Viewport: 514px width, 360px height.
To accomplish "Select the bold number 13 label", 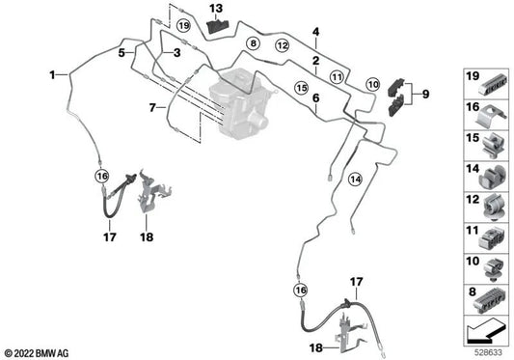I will [x=217, y=9].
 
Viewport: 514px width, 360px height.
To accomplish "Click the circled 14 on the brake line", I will [x=355, y=178].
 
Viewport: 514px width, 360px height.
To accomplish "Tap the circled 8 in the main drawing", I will [x=253, y=43].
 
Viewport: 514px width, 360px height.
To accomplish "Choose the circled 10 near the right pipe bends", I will [x=373, y=86].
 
